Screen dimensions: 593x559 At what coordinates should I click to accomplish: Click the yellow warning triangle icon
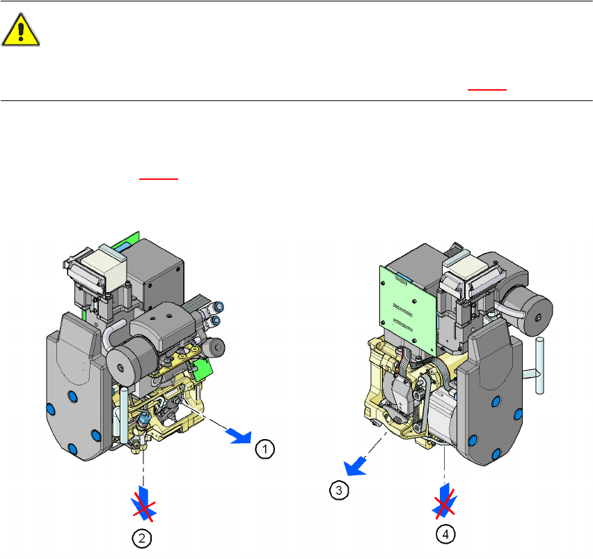(20, 30)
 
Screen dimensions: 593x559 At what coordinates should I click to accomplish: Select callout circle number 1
(264, 449)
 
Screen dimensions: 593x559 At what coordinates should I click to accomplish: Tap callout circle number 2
(142, 538)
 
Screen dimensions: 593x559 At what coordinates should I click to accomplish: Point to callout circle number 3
(339, 491)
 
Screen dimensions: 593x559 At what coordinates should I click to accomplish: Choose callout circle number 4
(445, 535)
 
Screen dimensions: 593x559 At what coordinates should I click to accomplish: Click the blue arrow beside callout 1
(239, 436)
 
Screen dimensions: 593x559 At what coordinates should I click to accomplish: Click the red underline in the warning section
(487, 90)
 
